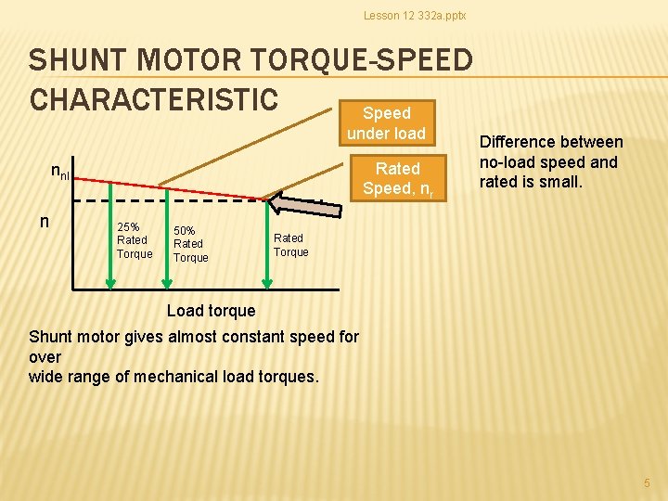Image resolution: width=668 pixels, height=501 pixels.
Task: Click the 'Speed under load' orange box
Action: pos(386,122)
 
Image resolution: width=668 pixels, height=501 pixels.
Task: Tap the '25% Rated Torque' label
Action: pos(135,240)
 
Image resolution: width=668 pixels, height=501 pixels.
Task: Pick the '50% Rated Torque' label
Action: pos(190,244)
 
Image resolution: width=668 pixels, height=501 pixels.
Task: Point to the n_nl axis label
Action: pos(59,172)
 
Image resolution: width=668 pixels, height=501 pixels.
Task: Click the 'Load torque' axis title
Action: pos(211,310)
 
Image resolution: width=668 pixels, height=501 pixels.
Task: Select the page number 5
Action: pos(648,482)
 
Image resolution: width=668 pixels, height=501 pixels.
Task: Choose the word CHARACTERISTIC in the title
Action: pos(153,98)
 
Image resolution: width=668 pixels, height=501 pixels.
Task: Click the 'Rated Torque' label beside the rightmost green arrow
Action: pos(290,245)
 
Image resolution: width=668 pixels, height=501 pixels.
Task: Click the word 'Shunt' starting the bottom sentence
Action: pos(51,337)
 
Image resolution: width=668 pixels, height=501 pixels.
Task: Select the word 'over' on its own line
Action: pos(45,356)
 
